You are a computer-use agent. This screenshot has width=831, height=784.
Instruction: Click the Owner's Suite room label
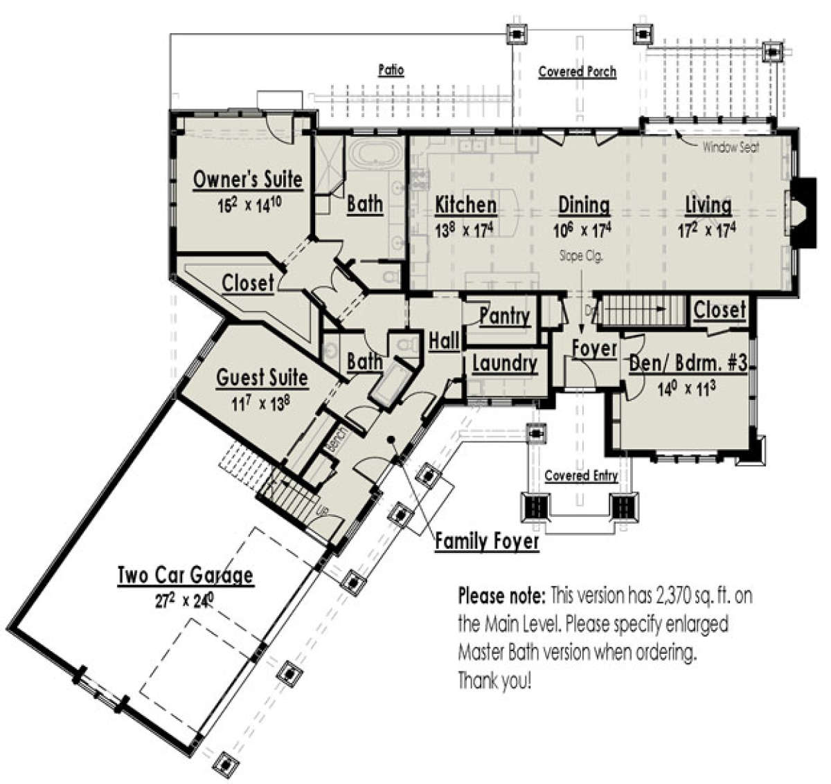click(x=247, y=180)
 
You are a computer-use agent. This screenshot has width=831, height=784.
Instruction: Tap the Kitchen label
click(x=465, y=206)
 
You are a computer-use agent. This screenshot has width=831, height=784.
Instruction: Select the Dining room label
click(x=584, y=206)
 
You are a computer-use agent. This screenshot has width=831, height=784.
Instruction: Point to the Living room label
click(x=708, y=206)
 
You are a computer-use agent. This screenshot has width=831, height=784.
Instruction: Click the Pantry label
click(x=504, y=317)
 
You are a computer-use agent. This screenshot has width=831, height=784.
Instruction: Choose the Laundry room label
click(x=504, y=363)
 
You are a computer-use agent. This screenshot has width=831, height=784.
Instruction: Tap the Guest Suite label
click(x=262, y=378)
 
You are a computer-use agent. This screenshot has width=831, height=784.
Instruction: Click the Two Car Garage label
click(x=185, y=576)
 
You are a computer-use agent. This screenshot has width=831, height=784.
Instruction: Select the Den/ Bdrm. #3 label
click(x=688, y=364)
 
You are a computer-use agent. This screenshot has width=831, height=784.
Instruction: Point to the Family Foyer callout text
click(x=487, y=542)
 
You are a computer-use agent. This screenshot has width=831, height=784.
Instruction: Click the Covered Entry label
click(x=581, y=476)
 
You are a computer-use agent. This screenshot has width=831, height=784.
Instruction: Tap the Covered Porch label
click(x=577, y=72)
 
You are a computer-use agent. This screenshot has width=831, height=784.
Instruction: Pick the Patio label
click(x=391, y=71)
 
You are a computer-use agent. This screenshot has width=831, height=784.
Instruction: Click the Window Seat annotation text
click(x=731, y=147)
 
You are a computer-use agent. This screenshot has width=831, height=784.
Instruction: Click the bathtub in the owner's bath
click(x=374, y=153)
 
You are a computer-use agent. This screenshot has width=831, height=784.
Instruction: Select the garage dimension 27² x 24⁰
click(x=183, y=601)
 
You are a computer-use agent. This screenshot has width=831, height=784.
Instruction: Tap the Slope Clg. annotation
click(x=582, y=255)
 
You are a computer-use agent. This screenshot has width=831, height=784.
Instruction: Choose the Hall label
click(x=444, y=340)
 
